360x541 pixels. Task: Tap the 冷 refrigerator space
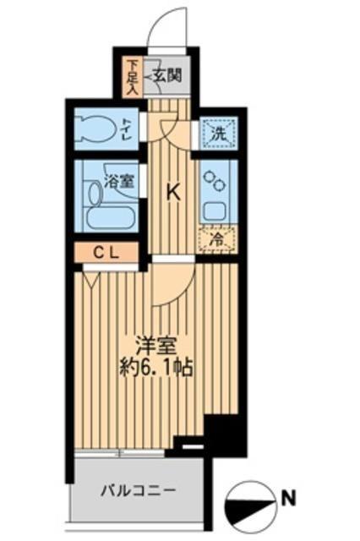point(217,240)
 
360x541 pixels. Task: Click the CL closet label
point(105,252)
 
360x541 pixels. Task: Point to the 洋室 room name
point(155,347)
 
